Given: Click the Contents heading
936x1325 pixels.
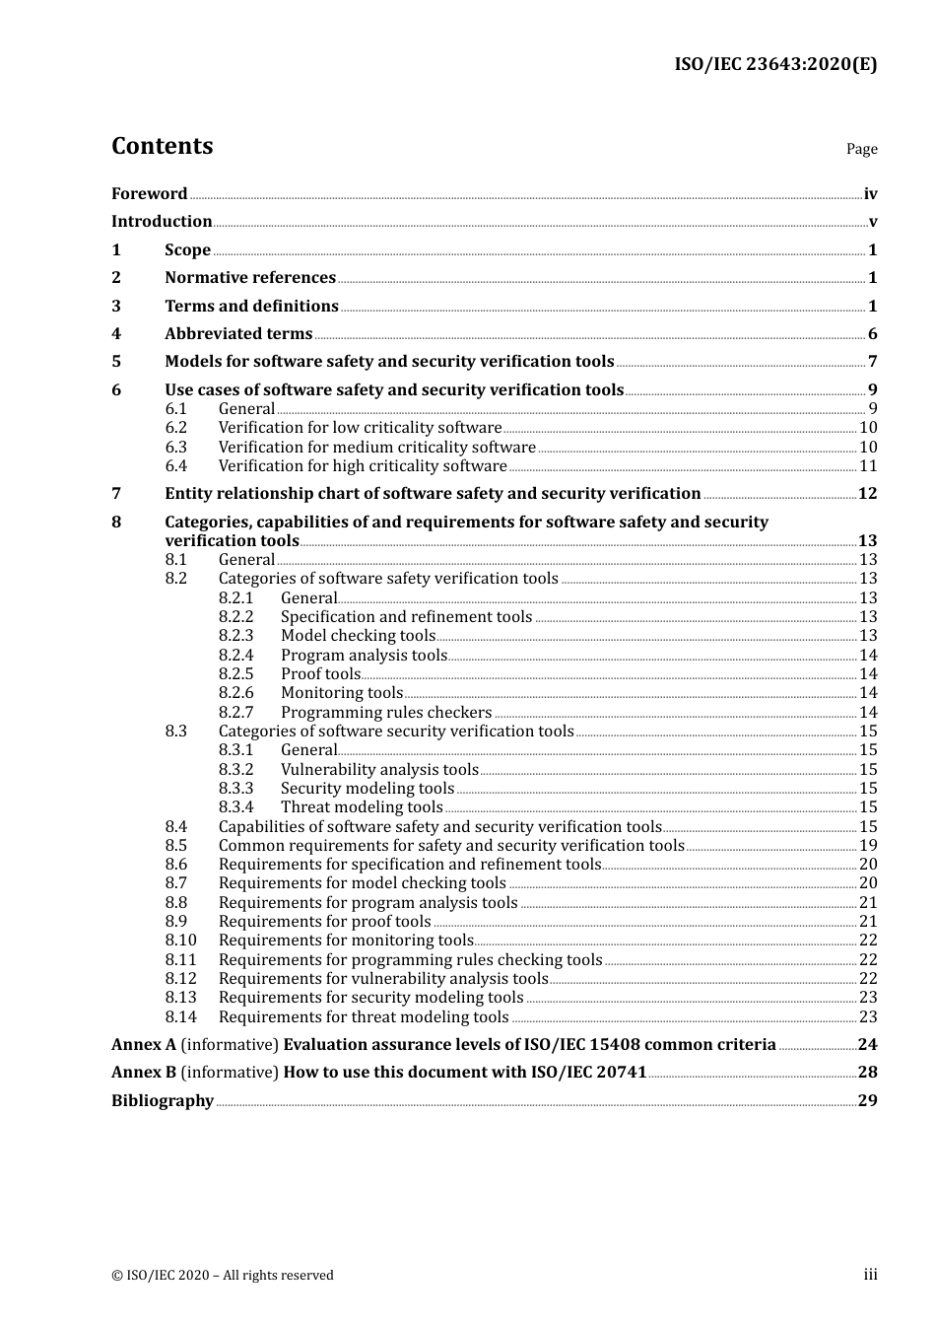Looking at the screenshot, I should coord(162,146).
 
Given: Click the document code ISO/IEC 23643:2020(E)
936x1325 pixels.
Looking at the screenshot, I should coord(774,64).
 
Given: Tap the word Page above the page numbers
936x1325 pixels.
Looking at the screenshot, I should coord(861,149).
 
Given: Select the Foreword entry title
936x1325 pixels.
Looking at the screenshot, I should coord(149,194).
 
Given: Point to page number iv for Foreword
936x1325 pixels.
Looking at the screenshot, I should coord(870,194).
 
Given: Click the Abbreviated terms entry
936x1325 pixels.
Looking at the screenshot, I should coord(238,334).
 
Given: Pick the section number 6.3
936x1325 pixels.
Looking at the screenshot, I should coord(175,447).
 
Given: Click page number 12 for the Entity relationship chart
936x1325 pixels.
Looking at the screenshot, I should coord(867,494).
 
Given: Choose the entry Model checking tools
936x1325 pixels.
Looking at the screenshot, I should coord(358,636).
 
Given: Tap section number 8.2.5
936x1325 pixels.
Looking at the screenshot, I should coord(235,674).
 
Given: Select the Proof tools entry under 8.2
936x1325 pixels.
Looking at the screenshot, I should coord(320,674).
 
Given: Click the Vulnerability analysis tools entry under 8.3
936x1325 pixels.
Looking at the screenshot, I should coord(379,770).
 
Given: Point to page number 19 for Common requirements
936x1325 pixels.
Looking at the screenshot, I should coord(868,846).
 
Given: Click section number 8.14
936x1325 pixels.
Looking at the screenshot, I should coord(180,1017).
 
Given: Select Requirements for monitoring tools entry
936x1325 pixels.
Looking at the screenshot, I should coord(346,941).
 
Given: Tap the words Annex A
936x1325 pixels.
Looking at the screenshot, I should coord(144,1045).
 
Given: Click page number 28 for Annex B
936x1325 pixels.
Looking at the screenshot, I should coord(867,1073).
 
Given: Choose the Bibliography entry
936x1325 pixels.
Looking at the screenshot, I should coord(163,1101).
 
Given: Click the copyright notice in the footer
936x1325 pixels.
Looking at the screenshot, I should coord(223,1276).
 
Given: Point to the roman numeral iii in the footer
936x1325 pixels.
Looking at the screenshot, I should coord(870,1275).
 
